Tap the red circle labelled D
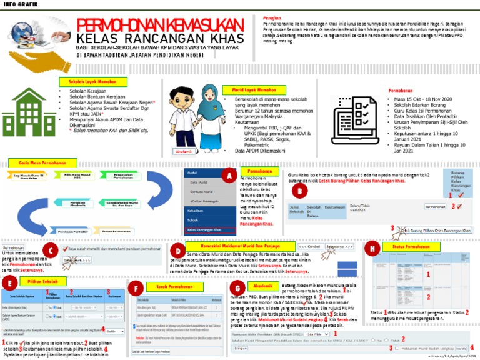pos(177,251)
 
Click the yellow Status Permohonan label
pos(407,247)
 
